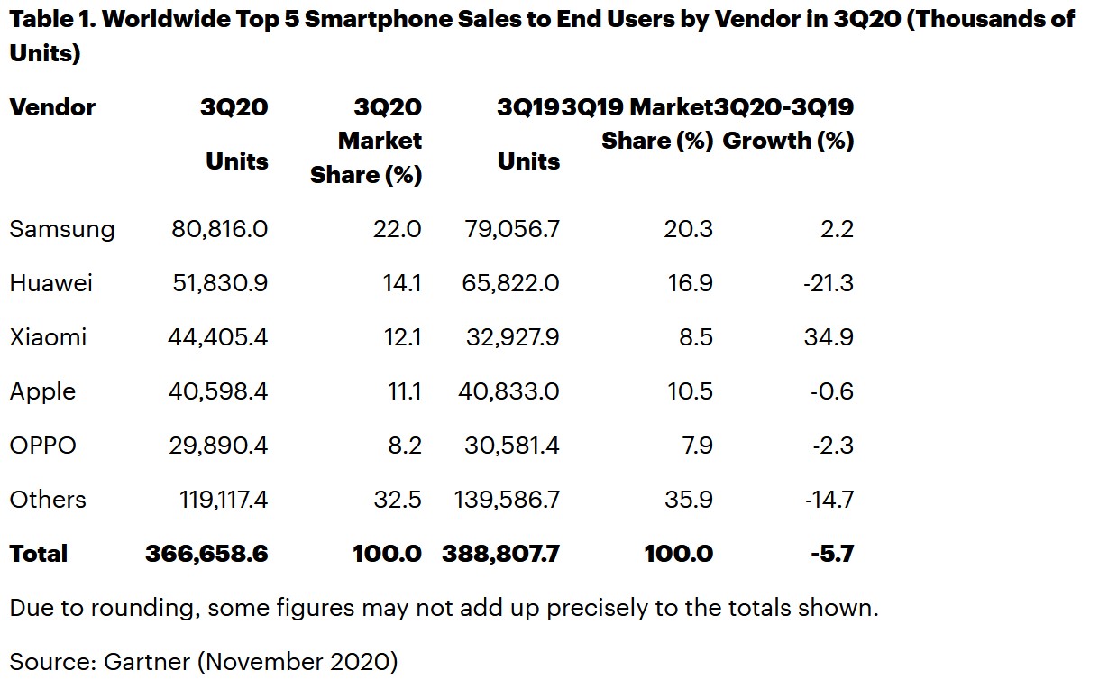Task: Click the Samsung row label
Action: point(62,230)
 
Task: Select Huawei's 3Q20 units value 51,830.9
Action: point(217,283)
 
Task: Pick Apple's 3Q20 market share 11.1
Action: point(400,391)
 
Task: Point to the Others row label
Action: point(48,500)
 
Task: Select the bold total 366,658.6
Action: point(206,554)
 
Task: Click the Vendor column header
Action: point(52,107)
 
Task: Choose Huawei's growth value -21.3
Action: point(827,283)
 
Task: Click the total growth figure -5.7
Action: point(832,554)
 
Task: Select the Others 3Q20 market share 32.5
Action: point(398,500)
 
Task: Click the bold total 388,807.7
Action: point(500,554)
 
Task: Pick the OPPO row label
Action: point(42,446)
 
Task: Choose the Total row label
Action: point(39,554)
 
